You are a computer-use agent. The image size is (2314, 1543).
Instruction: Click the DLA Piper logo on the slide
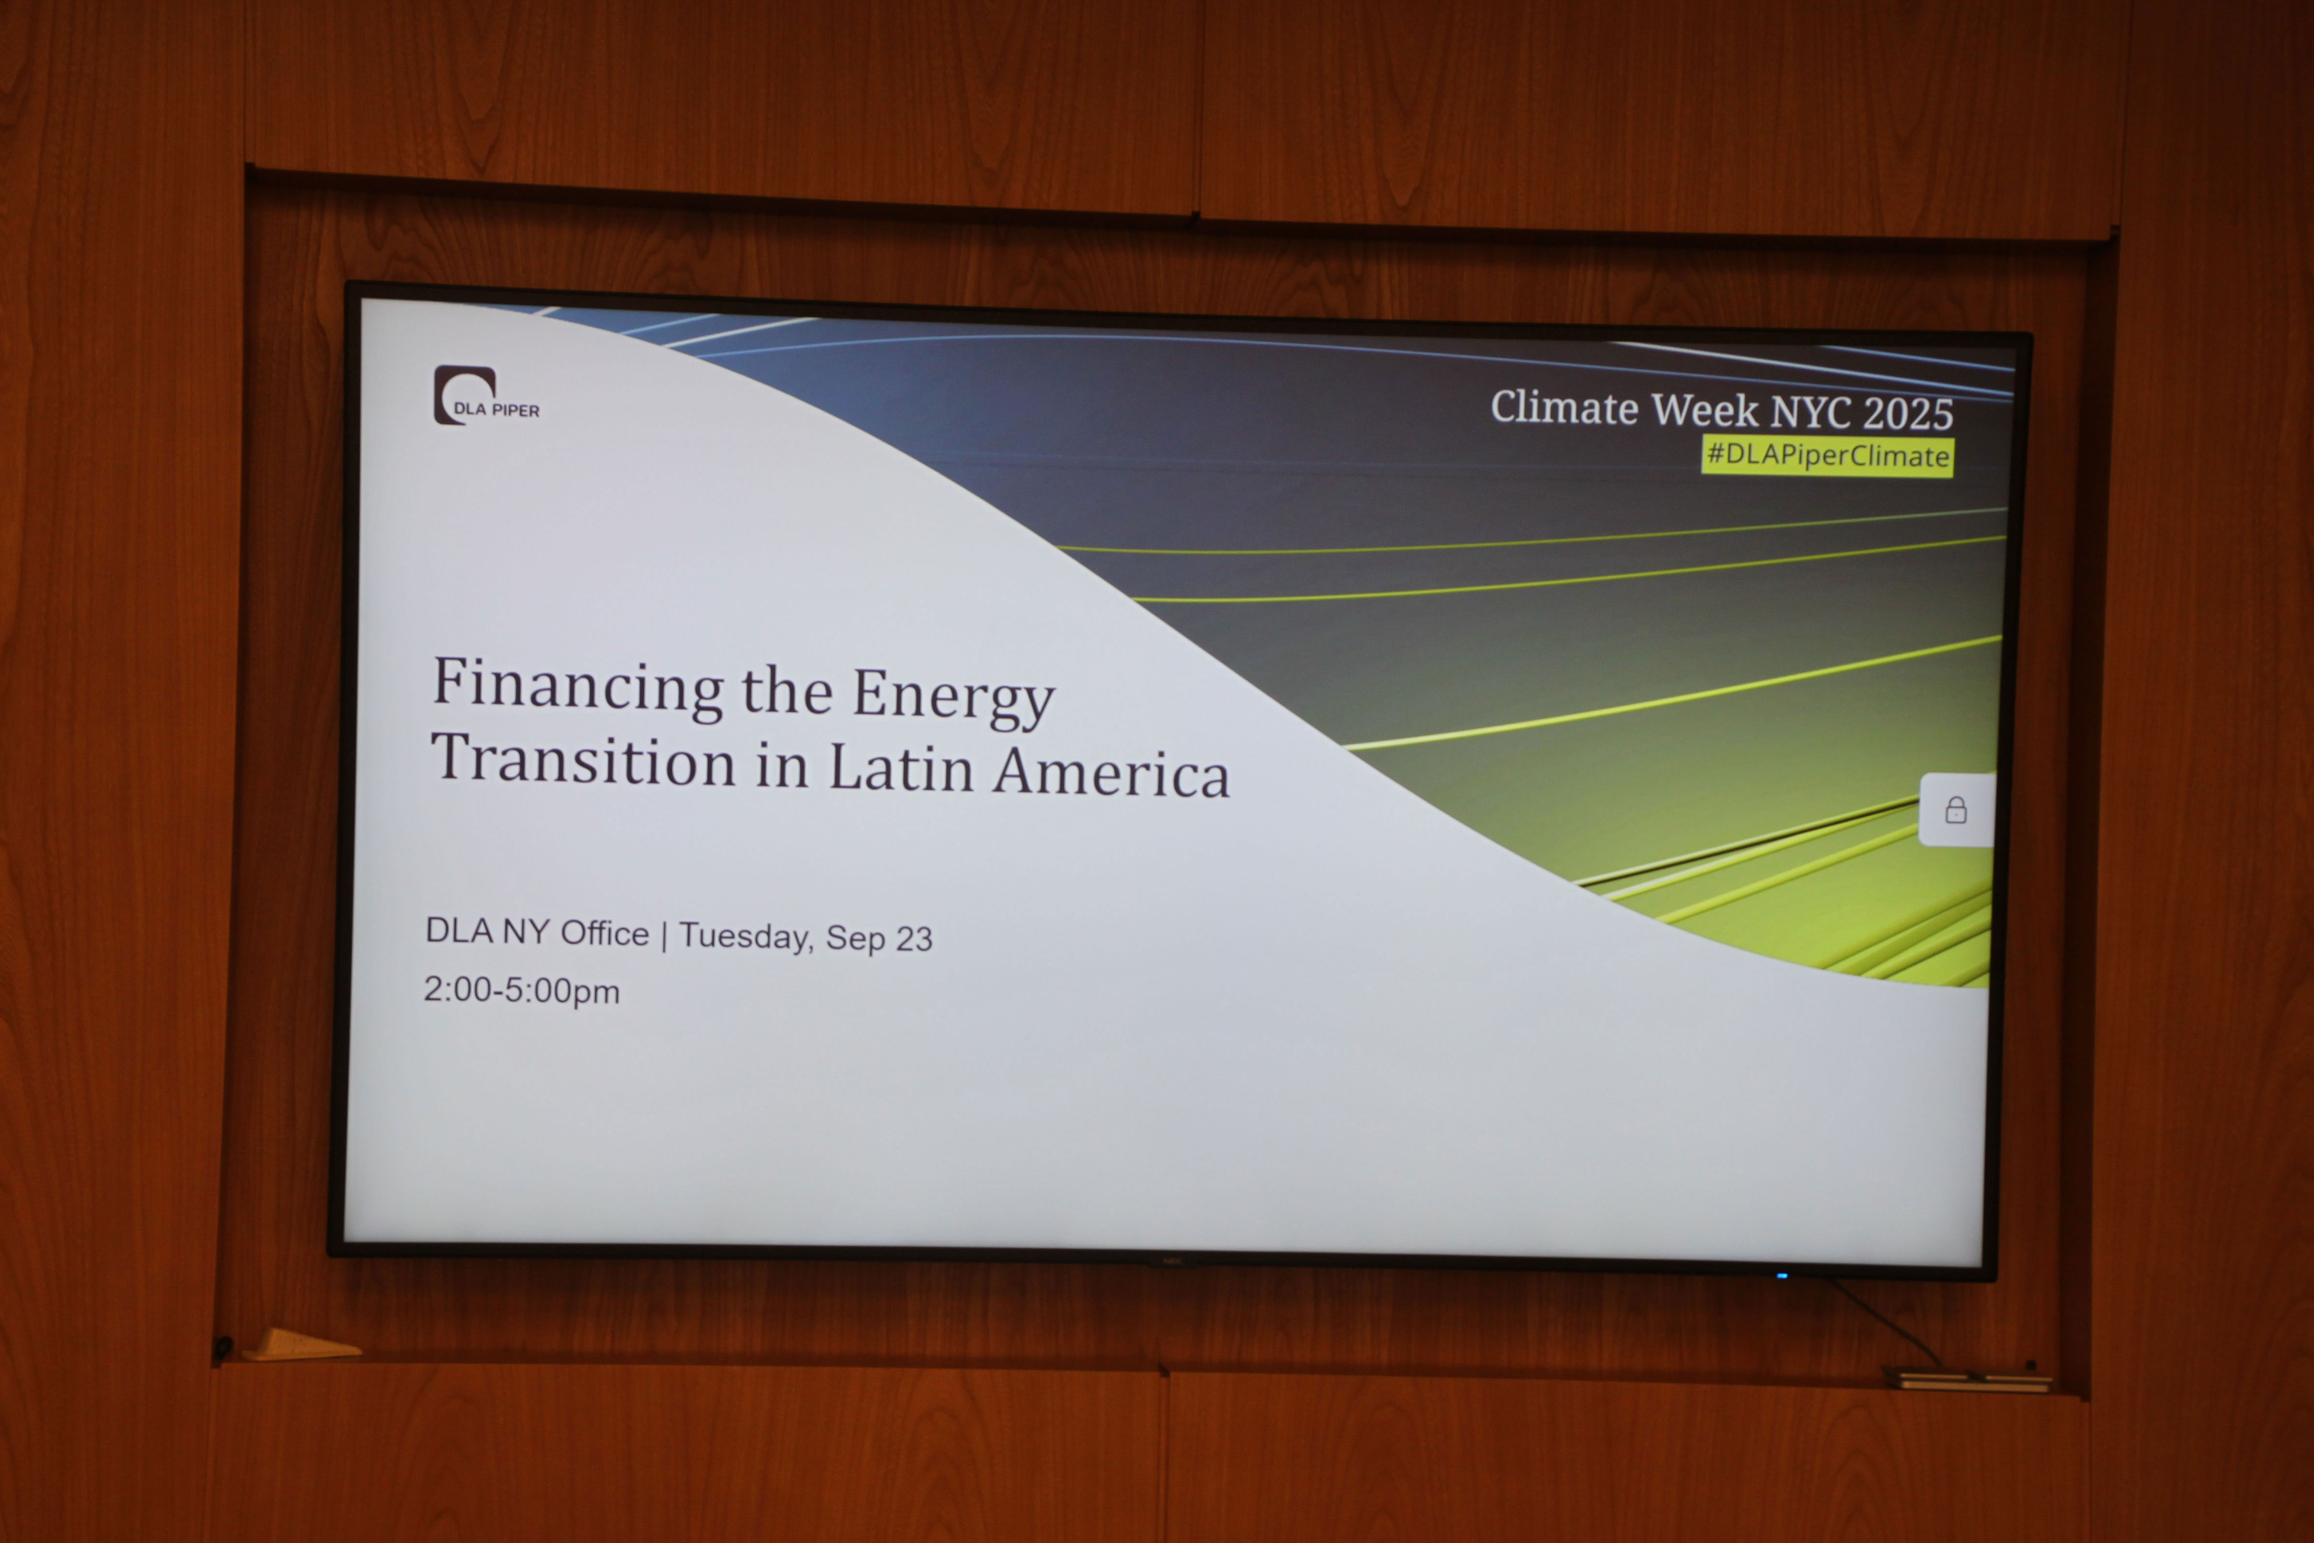pos(486,395)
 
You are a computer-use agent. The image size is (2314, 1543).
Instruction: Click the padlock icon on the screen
pos(1956,810)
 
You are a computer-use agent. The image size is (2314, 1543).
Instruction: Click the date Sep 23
pos(878,938)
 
